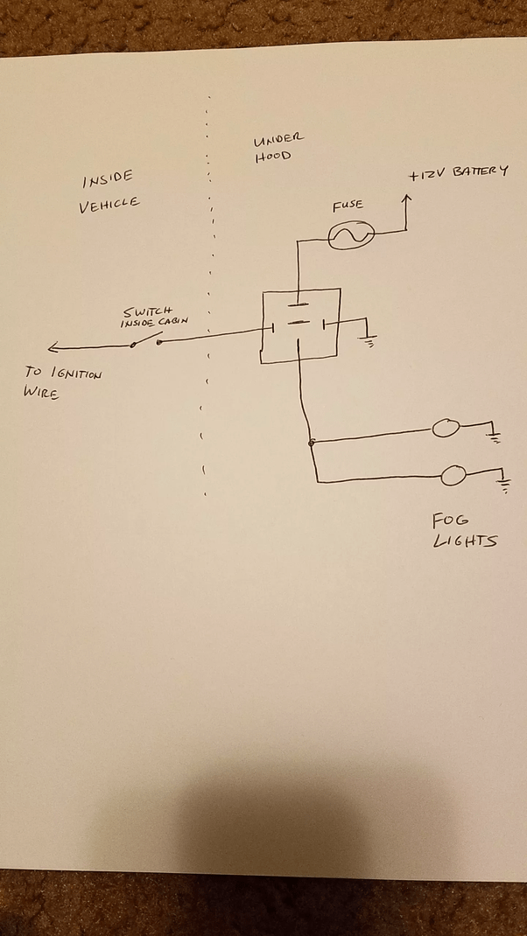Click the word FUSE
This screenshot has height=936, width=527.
pos(348,206)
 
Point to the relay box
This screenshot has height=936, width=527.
pos(300,325)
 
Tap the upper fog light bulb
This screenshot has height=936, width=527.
pos(446,428)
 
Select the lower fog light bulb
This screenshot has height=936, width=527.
pos(453,476)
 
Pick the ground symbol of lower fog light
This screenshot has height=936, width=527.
pos(503,484)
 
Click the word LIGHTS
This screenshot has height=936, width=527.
pos(465,541)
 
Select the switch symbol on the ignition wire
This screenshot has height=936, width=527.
pos(145,342)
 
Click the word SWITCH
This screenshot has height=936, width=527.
pos(147,311)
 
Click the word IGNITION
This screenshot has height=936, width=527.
pos(75,374)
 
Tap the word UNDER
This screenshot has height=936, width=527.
pos(278,140)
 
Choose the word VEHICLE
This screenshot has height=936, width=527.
pos(109,206)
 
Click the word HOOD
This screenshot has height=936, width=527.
pos(271,157)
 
